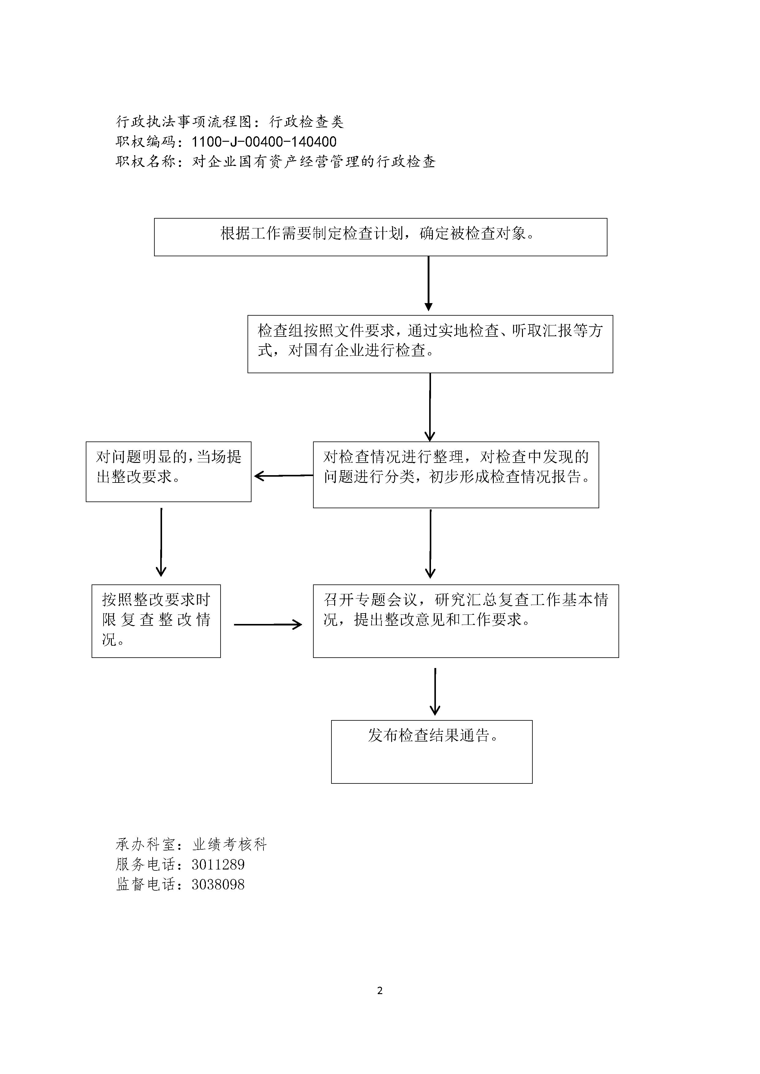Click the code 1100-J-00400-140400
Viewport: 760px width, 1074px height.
pos(264,142)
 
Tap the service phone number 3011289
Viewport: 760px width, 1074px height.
pos(218,865)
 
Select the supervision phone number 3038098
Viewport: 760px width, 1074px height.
pos(218,884)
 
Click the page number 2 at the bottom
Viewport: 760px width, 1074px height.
pos(380,990)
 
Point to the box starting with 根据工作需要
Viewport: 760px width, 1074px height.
pos(380,237)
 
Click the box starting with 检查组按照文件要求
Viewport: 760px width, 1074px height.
pos(430,344)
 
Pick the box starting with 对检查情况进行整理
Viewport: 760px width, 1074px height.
pos(456,474)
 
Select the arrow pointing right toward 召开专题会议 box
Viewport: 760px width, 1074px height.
pos(268,625)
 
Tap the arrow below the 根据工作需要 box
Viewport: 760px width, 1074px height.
pos(428,284)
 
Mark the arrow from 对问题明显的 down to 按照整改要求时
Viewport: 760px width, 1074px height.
pos(161,542)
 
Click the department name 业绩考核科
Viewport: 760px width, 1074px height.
pos(230,844)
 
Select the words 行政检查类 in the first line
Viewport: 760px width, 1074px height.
pos(307,122)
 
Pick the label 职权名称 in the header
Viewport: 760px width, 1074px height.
pos(146,162)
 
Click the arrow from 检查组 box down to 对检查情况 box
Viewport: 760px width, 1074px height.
pos(429,407)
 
